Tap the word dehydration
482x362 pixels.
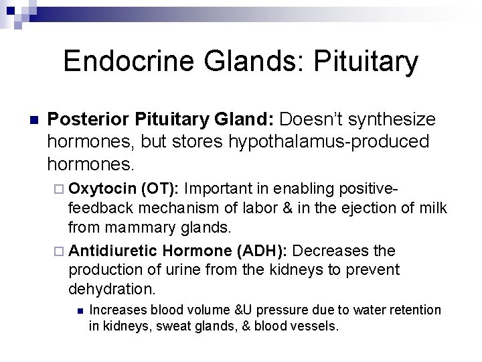[x=112, y=290]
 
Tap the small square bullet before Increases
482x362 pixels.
[x=78, y=310]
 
